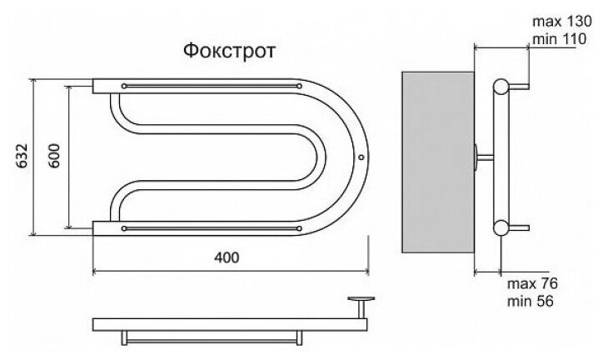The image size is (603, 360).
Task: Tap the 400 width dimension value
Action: [x=226, y=257]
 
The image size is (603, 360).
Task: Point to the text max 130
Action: [x=553, y=21]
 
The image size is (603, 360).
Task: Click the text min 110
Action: [x=552, y=38]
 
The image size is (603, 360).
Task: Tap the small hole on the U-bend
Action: [x=360, y=156]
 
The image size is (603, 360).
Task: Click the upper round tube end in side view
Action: [x=501, y=87]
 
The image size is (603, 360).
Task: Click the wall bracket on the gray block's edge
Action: [x=476, y=156]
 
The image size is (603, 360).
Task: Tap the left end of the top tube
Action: [x=97, y=86]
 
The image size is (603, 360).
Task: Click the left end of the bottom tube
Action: [x=97, y=227]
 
